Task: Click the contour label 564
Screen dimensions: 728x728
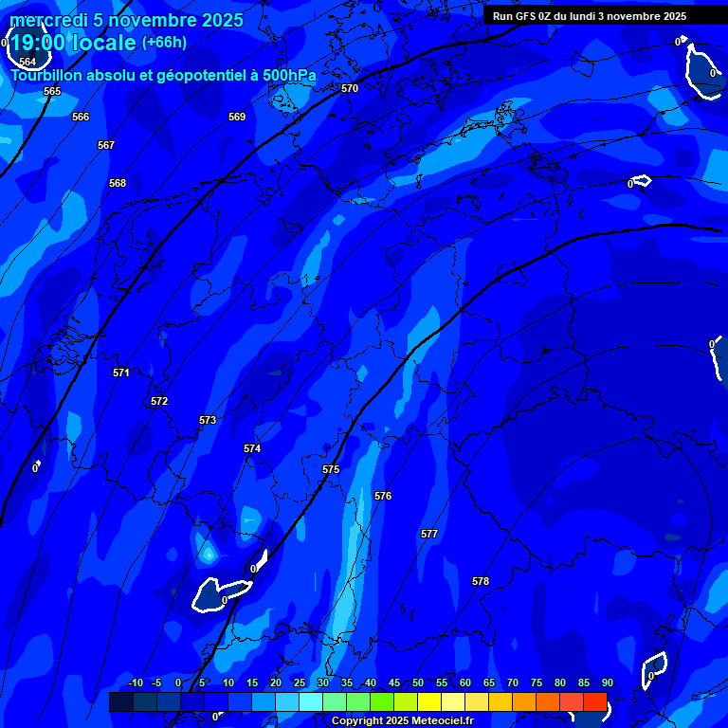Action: point(27,62)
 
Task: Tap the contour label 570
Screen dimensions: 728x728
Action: point(350,88)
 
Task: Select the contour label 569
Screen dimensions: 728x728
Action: point(237,117)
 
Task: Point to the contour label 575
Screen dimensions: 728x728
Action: point(331,469)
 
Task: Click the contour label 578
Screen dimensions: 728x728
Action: point(481,581)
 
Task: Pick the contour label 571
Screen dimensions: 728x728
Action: point(121,373)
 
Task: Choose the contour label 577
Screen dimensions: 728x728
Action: point(429,534)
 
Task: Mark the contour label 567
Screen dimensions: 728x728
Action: point(106,145)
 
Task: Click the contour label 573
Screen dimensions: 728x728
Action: point(208,420)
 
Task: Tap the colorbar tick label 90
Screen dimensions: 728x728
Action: point(607,683)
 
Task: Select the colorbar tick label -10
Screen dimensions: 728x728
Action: point(135,683)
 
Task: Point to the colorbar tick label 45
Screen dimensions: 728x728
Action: point(394,683)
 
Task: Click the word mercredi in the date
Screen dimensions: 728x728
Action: point(48,20)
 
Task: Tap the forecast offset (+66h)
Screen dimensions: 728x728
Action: point(164,42)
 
